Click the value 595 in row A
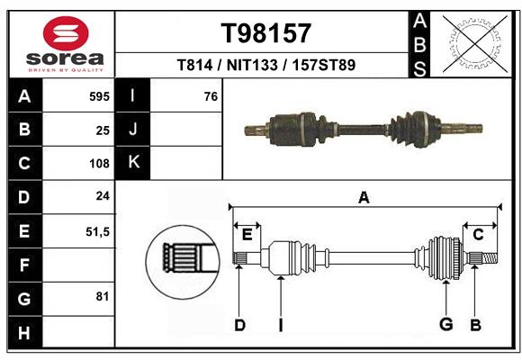100,96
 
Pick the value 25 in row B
103,130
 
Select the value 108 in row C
100,164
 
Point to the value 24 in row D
103,195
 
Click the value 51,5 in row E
97,231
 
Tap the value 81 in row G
103,296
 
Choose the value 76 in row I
211,96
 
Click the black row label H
24,334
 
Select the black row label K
134,163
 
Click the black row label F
24,265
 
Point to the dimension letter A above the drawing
364,197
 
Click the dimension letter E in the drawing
247,235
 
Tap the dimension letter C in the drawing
479,235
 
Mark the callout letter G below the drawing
445,325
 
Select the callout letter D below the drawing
239,325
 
